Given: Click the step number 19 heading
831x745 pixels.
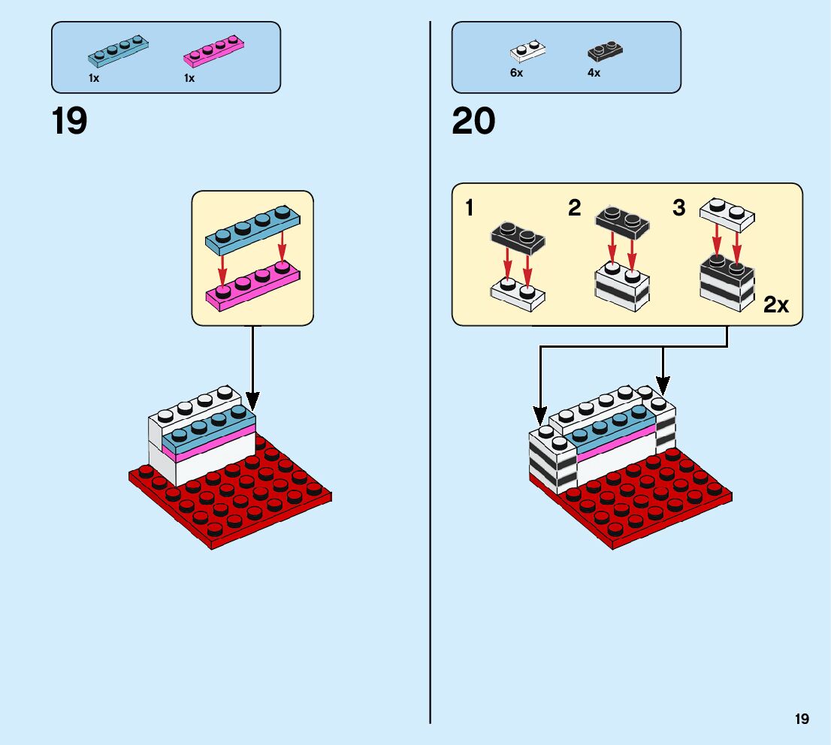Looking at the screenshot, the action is [69, 121].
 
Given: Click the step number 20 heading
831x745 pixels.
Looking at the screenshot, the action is [473, 121].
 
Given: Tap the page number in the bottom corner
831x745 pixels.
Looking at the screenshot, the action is [802, 719].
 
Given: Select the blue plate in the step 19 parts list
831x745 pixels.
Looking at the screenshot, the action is [118, 52].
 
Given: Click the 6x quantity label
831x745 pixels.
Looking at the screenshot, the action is [516, 74].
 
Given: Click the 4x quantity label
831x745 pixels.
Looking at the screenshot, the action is [594, 74].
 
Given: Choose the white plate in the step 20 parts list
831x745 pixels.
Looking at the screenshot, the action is [527, 51].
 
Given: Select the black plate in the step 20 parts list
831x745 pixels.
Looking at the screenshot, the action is [606, 51].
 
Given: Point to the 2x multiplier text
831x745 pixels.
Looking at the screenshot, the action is [776, 305].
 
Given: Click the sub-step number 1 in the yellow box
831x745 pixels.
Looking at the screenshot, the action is [470, 208].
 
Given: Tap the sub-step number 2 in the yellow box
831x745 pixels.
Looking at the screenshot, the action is [575, 208].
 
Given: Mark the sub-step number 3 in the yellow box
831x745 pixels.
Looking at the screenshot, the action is [679, 208].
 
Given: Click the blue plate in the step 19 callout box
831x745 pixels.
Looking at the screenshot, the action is [252, 230].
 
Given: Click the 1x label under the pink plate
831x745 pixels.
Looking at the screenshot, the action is [189, 78].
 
